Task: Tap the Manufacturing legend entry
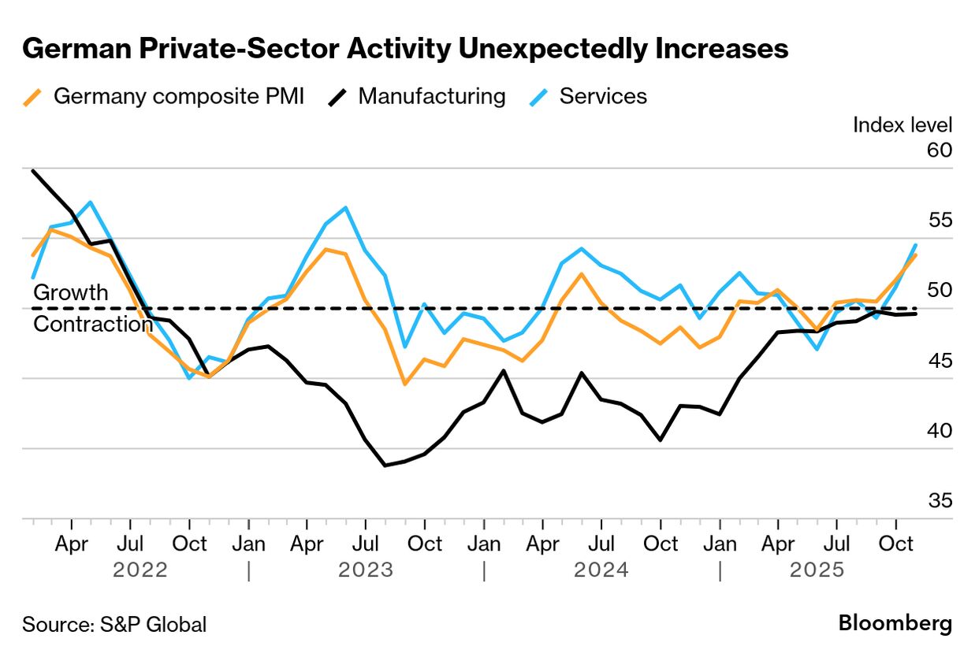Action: point(418,97)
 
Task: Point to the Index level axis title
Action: point(902,124)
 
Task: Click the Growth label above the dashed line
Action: point(71,292)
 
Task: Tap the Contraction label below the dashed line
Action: point(93,324)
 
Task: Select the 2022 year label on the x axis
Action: point(140,570)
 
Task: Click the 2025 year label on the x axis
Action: point(817,570)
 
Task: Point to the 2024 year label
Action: point(601,570)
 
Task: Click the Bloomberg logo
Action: point(895,624)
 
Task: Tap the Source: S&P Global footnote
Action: point(114,625)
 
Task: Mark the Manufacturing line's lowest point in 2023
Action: point(385,466)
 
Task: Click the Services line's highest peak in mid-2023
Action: point(346,208)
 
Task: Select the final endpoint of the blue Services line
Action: point(915,245)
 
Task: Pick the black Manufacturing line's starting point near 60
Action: point(32,170)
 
